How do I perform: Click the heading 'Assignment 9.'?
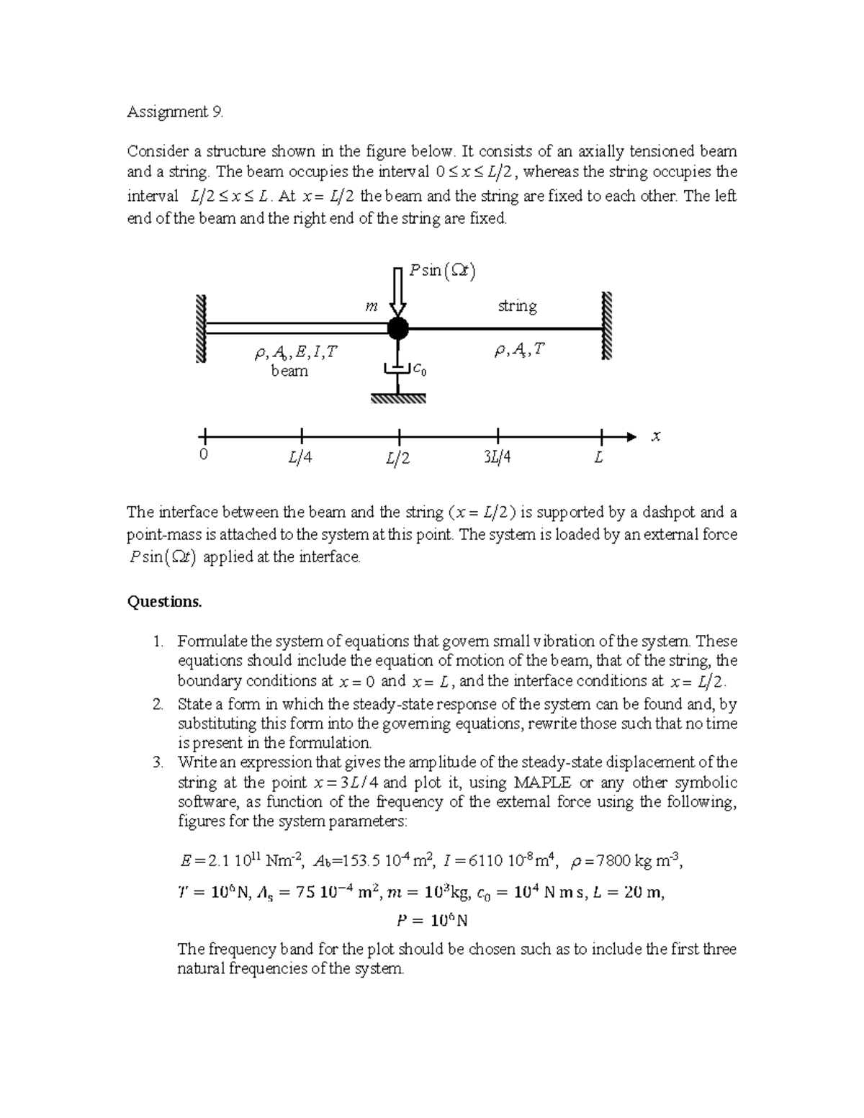click(176, 112)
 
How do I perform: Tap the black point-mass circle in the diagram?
click(397, 328)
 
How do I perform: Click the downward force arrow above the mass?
click(397, 291)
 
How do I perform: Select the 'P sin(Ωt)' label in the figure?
click(442, 271)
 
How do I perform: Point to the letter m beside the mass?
click(371, 307)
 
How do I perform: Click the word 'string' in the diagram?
click(517, 307)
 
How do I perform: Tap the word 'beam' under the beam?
click(289, 371)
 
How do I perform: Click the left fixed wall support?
click(200, 328)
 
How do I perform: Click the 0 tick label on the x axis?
click(204, 456)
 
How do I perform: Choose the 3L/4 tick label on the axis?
click(497, 457)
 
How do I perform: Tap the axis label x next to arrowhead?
click(655, 437)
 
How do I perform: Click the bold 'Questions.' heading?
click(164, 601)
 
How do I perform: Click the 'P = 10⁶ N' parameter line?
click(432, 920)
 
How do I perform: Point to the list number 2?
click(158, 704)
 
